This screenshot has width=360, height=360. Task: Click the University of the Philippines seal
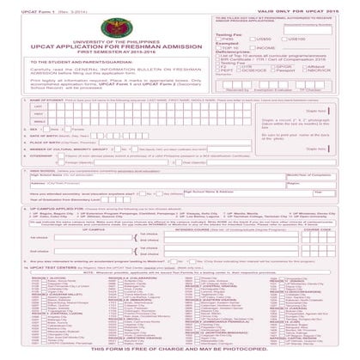coord(121,34)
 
